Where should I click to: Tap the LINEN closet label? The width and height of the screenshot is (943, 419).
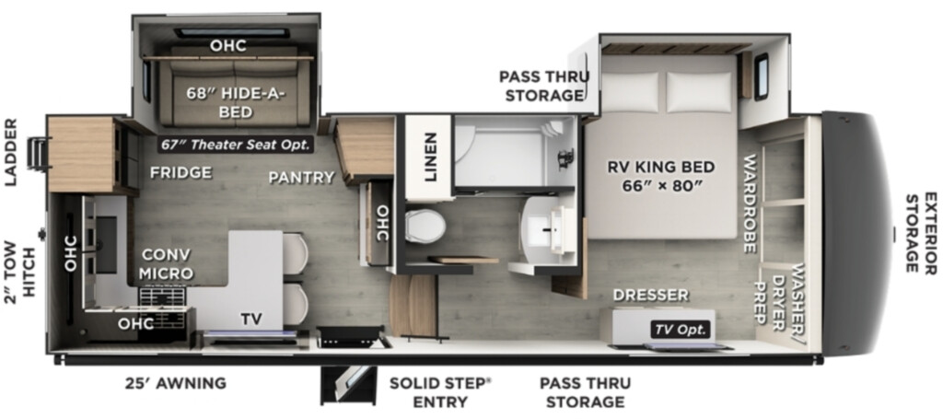click(x=430, y=157)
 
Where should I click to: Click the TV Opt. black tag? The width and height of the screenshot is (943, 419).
click(x=681, y=330)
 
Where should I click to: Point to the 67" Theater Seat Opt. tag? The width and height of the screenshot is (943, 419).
click(x=236, y=145)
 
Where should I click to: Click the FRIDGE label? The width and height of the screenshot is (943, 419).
click(x=181, y=173)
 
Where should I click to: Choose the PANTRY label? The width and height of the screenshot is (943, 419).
click(x=301, y=178)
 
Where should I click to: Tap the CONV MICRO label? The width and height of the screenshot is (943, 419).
click(x=166, y=263)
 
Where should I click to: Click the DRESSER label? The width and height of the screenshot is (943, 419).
click(x=651, y=296)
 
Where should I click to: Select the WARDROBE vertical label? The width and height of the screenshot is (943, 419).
click(x=750, y=204)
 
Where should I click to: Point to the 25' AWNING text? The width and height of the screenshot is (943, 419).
click(x=176, y=383)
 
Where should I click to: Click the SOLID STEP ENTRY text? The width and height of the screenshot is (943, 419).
click(x=440, y=392)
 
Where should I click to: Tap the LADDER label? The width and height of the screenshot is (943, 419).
click(x=12, y=152)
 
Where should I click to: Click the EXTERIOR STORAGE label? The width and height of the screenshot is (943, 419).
click(x=921, y=232)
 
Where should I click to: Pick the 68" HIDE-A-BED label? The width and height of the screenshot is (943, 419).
click(x=235, y=102)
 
